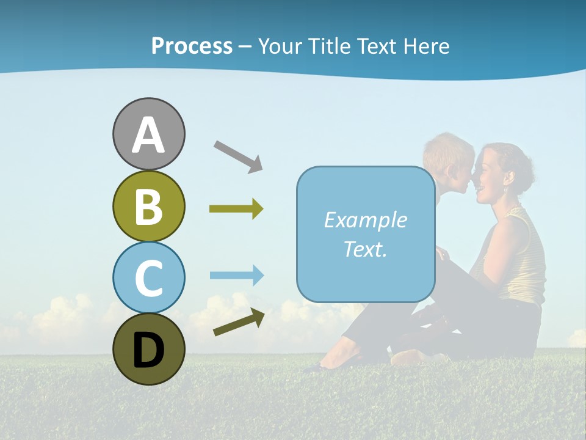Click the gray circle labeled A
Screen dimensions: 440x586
pos(148,134)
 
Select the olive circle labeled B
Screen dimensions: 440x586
pos(148,206)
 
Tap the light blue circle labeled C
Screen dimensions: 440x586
pos(148,277)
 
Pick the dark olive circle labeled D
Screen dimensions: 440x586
pos(148,350)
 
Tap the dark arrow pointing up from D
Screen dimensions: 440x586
pos(239,323)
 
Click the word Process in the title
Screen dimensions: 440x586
pos(192,46)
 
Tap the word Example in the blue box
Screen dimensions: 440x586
pos(365,220)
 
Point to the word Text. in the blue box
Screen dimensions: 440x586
pos(365,249)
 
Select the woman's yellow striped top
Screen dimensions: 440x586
pos(524,257)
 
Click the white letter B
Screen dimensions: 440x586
pos(148,206)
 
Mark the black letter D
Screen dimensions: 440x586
pos(148,350)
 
